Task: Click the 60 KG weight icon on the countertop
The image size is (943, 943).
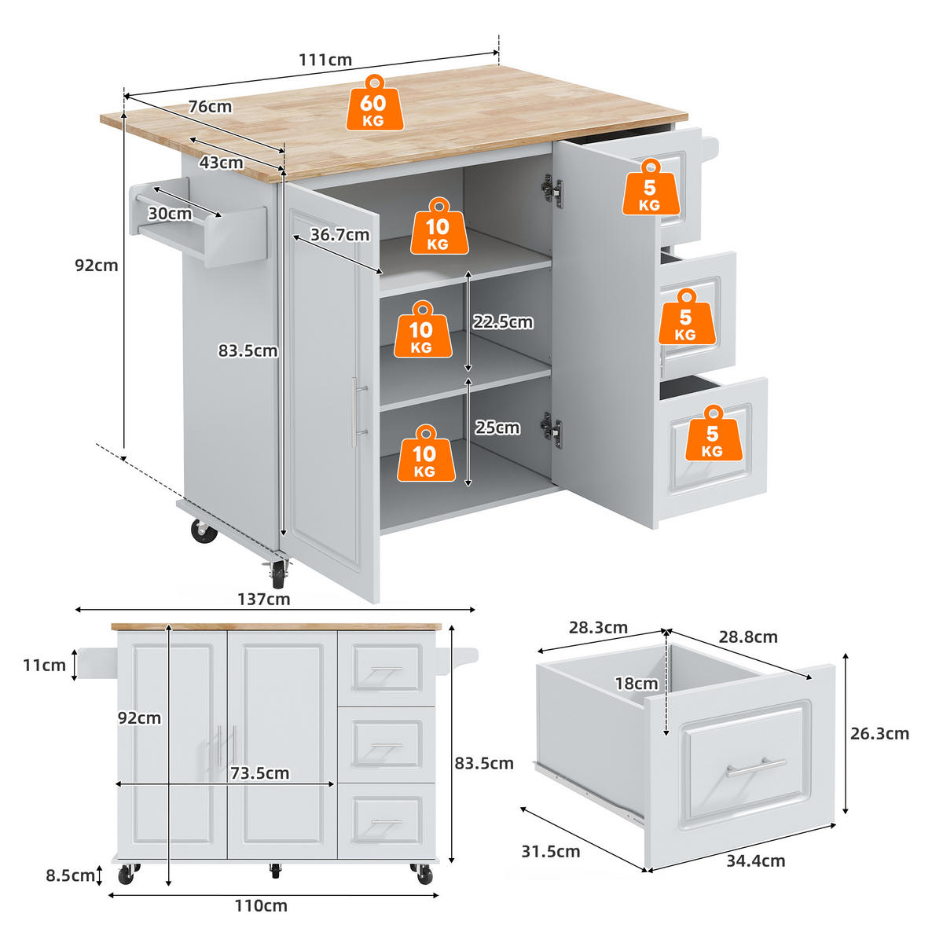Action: click(374, 104)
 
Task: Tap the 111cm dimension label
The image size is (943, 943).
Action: click(325, 60)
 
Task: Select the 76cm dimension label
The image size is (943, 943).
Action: click(210, 107)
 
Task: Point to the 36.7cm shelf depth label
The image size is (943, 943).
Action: click(339, 234)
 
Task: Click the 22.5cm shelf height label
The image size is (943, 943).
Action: click(503, 322)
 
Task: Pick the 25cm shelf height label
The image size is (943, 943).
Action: click(497, 427)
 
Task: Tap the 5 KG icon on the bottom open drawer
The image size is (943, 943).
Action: click(712, 434)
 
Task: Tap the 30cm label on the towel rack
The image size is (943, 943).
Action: click(170, 214)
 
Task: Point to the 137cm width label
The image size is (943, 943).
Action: click(264, 600)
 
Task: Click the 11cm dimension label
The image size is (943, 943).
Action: click(44, 666)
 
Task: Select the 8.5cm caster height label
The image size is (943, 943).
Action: click(70, 875)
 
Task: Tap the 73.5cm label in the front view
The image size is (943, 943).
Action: click(260, 773)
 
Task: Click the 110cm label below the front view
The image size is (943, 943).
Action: click(261, 906)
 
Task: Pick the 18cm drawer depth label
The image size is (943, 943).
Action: click(637, 684)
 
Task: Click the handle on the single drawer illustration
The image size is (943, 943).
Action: click(756, 767)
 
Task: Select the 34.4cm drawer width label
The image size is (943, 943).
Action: click(755, 860)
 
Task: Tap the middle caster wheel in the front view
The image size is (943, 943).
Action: click(274, 871)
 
